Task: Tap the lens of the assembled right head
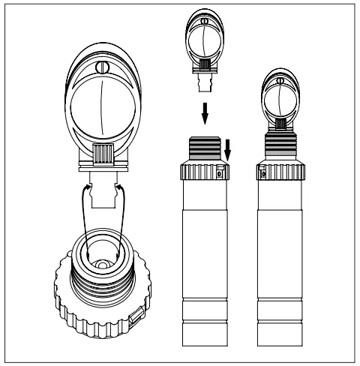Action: point(281,102)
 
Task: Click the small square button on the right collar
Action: point(263,174)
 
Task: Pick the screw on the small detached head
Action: point(200,19)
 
